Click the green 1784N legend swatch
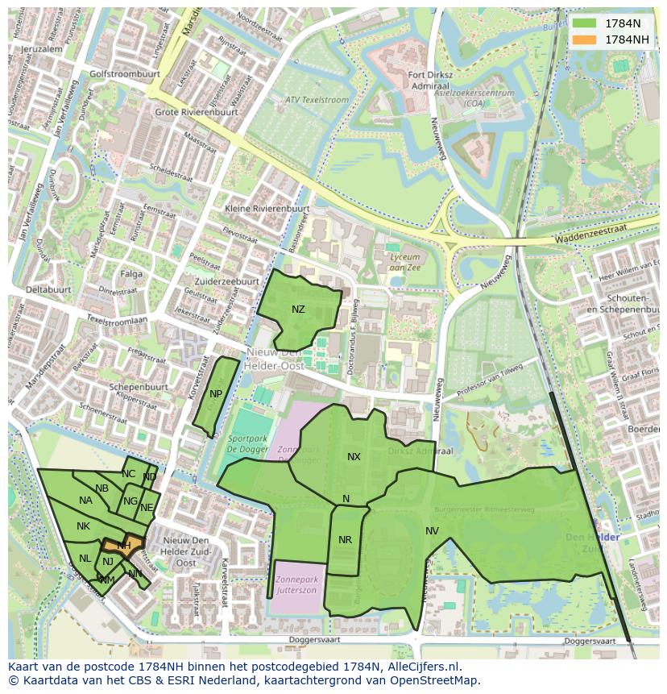(586, 23)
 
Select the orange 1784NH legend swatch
(586, 39)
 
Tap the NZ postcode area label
(298, 310)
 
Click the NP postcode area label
(215, 394)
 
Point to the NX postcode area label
(354, 457)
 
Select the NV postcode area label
(432, 530)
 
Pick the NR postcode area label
(345, 540)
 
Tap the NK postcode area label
(83, 526)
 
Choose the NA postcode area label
(85, 501)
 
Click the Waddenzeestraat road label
(596, 239)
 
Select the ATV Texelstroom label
(317, 100)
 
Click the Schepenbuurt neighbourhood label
(138, 386)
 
